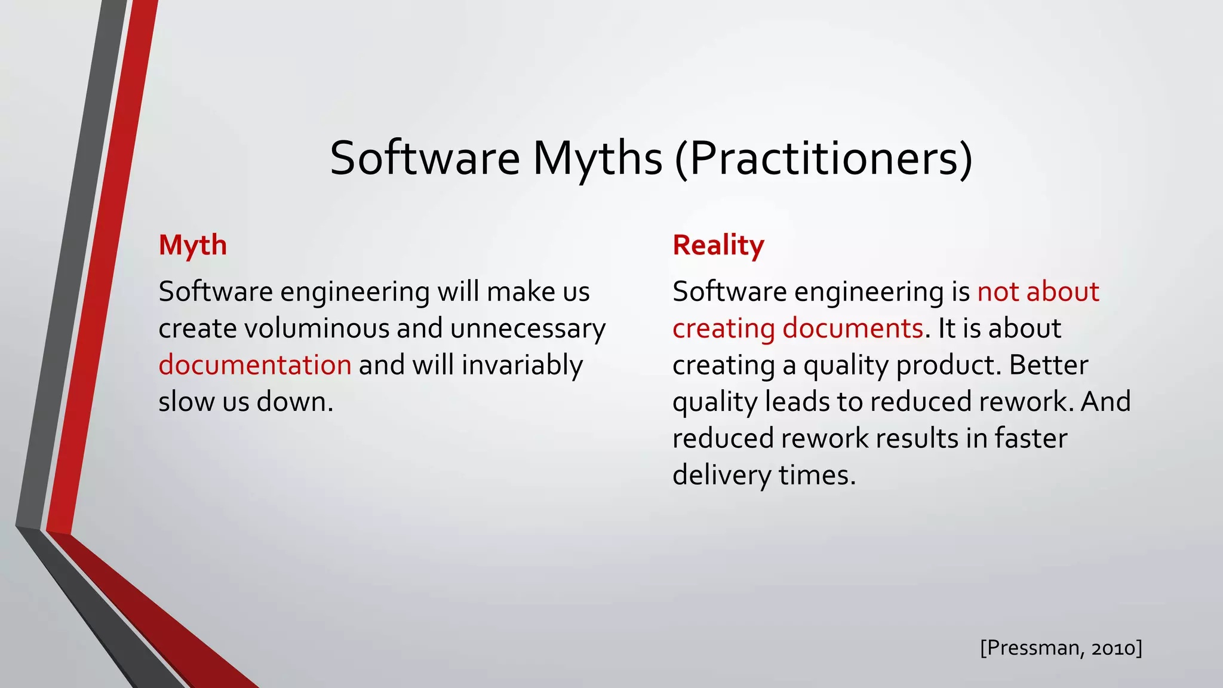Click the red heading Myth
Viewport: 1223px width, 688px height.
tap(192, 245)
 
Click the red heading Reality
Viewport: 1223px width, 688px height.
tap(718, 245)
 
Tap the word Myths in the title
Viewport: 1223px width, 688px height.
tap(597, 158)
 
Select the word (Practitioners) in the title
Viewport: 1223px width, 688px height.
tap(823, 158)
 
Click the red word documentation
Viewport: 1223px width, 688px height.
tap(255, 365)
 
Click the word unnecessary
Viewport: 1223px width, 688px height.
tap(528, 328)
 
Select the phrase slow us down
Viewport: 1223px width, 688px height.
tap(245, 402)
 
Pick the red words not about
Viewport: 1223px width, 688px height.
tap(1038, 292)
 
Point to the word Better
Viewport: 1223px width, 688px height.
tap(1049, 365)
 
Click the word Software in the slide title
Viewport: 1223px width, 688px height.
tap(425, 158)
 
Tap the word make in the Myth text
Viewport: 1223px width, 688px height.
tap(520, 292)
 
